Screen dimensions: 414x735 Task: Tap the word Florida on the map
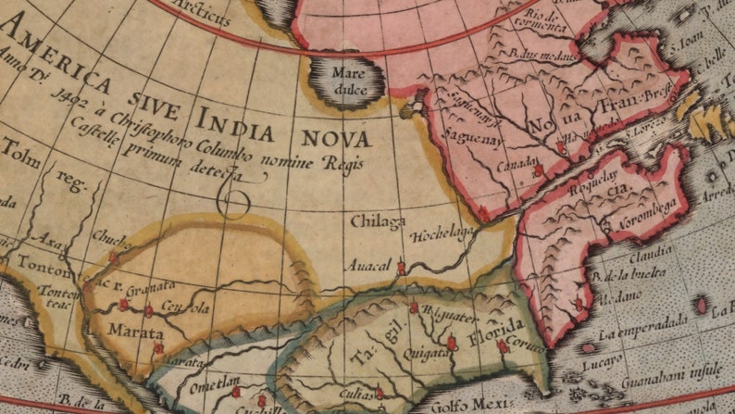pyautogui.click(x=497, y=330)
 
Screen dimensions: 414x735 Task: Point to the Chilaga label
pyautogui.click(x=378, y=221)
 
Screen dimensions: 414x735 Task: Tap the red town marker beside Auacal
pyautogui.click(x=401, y=268)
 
